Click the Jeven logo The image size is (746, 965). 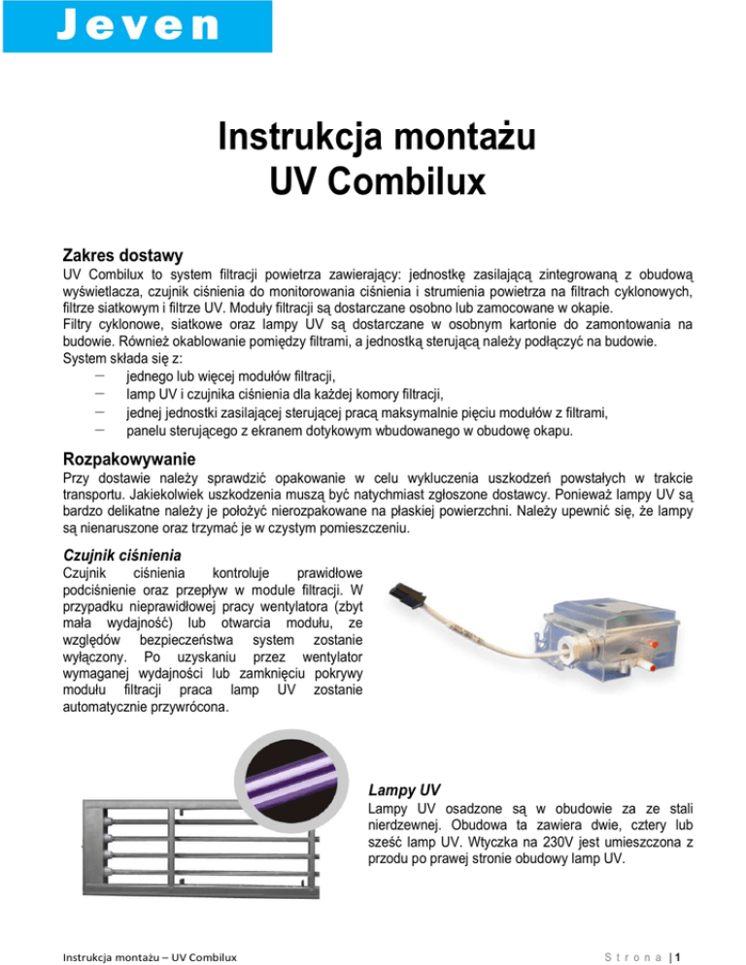pyautogui.click(x=136, y=25)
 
